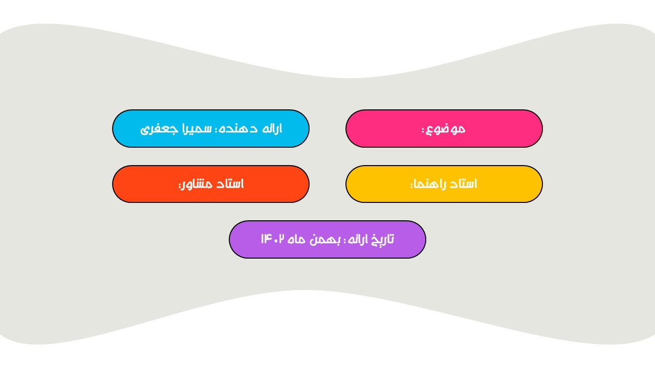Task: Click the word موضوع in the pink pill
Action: [x=446, y=129]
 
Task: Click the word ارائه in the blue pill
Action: [x=272, y=128]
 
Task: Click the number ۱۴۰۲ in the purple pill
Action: [x=273, y=239]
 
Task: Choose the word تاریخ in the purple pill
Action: [x=381, y=240]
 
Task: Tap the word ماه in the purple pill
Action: [x=296, y=240]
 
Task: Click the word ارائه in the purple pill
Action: [x=357, y=240]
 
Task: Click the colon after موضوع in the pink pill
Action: [x=423, y=130]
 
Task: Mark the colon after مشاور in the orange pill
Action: [x=180, y=186]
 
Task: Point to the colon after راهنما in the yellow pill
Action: [x=412, y=186]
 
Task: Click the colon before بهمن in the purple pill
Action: [x=344, y=241]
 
